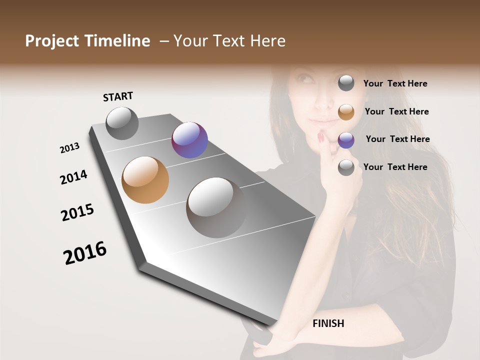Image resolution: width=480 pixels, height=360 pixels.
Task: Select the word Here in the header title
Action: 267,41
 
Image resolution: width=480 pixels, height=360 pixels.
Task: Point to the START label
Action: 118,96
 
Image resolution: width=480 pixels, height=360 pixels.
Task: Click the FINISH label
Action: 328,323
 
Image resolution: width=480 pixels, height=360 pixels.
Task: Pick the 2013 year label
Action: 69,148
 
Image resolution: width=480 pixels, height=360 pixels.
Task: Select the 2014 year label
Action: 73,177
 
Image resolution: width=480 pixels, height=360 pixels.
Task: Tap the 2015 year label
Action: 77,212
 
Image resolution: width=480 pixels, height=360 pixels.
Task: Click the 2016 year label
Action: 85,253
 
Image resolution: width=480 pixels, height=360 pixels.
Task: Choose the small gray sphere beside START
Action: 122,123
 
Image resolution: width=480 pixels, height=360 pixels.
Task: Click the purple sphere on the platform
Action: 189,140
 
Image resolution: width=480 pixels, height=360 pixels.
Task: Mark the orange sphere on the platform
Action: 145,180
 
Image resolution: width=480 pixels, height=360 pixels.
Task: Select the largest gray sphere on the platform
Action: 215,207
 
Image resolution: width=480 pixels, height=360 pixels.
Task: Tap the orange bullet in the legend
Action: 346,112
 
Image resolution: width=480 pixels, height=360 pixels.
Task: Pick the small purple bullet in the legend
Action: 346,140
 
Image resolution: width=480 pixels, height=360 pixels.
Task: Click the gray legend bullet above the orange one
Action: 346,83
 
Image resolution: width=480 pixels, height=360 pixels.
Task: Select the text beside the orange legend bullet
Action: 397,111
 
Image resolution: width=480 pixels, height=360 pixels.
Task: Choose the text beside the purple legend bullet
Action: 397,139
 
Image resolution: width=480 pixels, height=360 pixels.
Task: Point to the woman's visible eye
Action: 304,79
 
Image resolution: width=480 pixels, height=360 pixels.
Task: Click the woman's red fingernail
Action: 320,136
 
